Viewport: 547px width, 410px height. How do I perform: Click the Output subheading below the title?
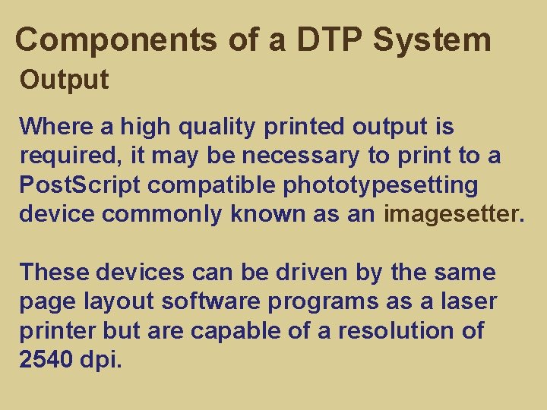(65, 79)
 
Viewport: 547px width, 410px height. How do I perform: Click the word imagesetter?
(454, 214)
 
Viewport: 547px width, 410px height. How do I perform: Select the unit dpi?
(100, 360)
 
